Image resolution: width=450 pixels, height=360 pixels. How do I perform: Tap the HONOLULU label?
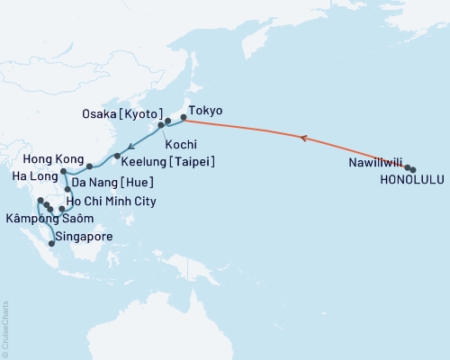410,180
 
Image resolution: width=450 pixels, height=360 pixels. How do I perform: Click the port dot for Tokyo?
184,118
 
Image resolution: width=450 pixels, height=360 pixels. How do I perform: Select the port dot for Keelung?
118,157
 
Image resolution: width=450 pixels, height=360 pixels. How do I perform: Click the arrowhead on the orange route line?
301,139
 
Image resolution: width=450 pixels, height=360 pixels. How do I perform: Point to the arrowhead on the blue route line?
131,147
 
